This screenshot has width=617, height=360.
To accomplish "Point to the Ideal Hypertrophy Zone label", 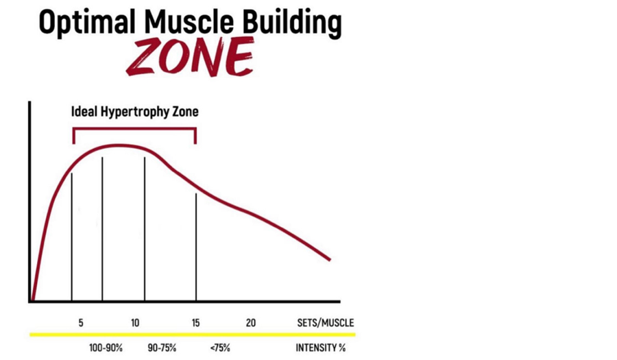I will pos(135,111).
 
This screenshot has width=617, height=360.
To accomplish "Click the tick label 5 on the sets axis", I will pos(81,323).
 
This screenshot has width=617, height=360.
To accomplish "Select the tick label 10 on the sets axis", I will pos(135,323).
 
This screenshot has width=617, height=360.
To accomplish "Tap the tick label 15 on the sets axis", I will pos(196,323).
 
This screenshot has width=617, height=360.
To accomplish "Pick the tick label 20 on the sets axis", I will pos(251,323).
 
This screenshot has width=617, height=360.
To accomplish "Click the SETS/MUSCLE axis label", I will pos(325,323).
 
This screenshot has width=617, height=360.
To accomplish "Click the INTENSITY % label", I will pos(320,348).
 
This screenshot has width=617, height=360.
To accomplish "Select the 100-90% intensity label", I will pos(106,348).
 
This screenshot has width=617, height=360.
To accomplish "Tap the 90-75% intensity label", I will pos(162,348).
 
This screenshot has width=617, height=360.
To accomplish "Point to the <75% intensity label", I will pos(220,348).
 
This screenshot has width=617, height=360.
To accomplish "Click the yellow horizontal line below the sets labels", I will pos(192,335).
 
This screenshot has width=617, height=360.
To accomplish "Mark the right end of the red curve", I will pos(330,259).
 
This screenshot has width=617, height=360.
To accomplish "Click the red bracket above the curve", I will pos(134,128).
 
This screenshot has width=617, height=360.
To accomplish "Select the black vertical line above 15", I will pos(196,247).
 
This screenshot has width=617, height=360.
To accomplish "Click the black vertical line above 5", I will pos(72,237).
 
